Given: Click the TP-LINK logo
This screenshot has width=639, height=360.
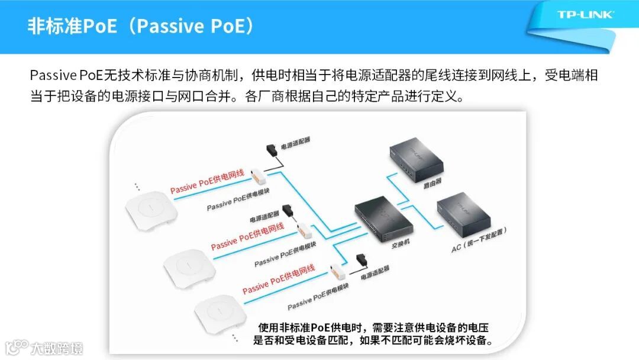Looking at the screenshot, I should pos(585,14).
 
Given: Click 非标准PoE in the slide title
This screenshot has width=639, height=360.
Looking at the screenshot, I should pos(64,27).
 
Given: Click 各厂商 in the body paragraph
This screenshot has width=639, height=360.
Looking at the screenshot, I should pos(261,95).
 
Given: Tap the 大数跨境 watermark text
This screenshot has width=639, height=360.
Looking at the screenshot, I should pos(57,348).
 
